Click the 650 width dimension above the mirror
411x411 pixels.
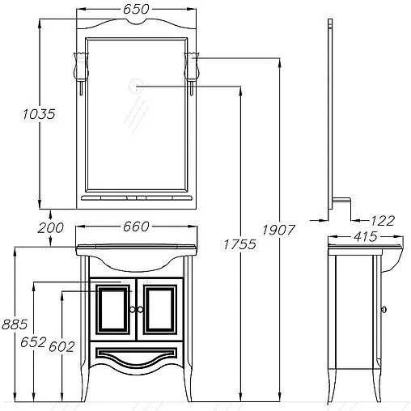[x=136, y=9]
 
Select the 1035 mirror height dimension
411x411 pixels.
[x=39, y=114]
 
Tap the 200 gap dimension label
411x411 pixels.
[x=50, y=228]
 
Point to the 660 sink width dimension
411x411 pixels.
[x=136, y=227]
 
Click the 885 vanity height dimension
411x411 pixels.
[x=15, y=324]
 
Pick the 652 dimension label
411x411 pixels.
[x=33, y=342]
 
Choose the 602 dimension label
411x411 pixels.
[x=61, y=347]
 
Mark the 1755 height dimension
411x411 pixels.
[x=239, y=244]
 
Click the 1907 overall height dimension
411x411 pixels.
[x=278, y=230]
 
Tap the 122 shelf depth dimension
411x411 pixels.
[x=383, y=221]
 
